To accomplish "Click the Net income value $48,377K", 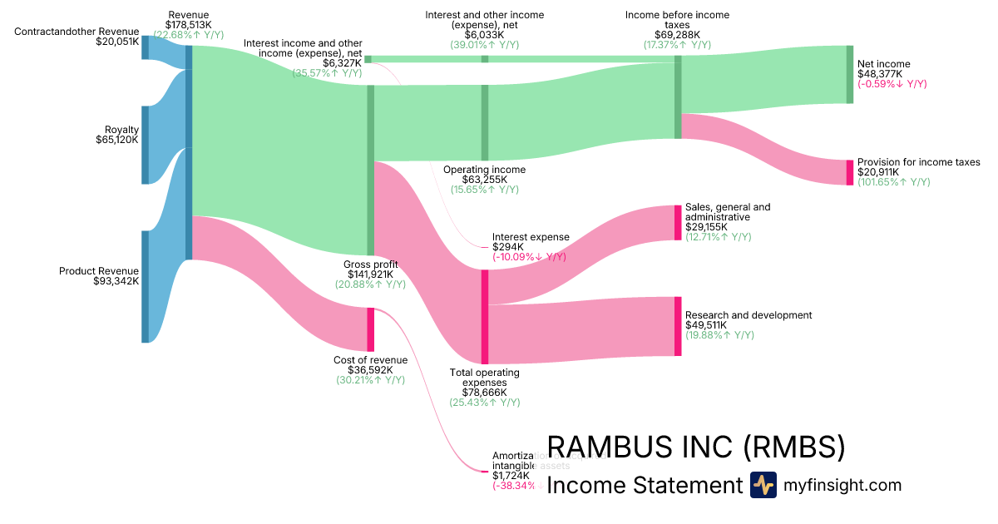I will [880, 73].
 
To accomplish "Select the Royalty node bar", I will [145, 145].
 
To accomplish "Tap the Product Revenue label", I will [99, 271].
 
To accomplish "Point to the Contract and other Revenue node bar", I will [145, 47].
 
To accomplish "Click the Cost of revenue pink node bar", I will [371, 329].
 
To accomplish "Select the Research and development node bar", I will [678, 326].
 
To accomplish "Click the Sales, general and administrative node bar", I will [678, 222].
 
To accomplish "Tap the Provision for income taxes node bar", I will [850, 172].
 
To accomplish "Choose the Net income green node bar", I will [850, 75].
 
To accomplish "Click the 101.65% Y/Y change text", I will [893, 182].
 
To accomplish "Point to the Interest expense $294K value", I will [507, 247].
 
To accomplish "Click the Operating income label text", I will [484, 170].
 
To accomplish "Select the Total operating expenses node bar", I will [485, 316].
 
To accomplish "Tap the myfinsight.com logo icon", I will [763, 485].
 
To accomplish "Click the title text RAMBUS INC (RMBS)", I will [695, 447].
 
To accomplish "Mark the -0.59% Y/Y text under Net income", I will [892, 84].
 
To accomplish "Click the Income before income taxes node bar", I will [678, 96].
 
